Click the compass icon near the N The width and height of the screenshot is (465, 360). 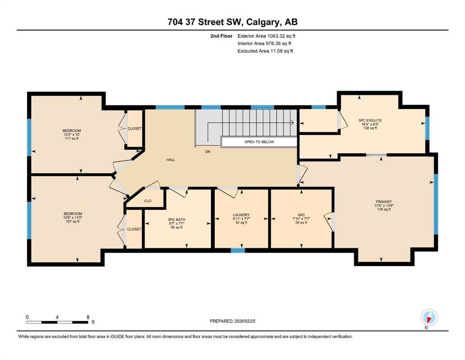[x=429, y=318]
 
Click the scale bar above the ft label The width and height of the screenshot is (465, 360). [x=57, y=322]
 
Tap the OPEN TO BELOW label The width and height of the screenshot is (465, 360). [x=259, y=142]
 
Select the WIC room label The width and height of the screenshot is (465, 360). [x=301, y=215]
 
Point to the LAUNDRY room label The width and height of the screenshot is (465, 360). [x=241, y=215]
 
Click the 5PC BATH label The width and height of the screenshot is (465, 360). [x=177, y=220]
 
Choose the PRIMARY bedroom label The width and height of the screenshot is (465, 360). [x=384, y=202]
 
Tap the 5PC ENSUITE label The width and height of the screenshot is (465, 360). [x=370, y=120]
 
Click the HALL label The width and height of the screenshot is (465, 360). [x=170, y=160]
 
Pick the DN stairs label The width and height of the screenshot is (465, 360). [x=207, y=152]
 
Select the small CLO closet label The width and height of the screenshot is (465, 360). [x=148, y=201]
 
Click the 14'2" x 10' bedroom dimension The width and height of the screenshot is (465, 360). [x=72, y=135]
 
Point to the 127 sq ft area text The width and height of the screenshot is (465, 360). [x=73, y=221]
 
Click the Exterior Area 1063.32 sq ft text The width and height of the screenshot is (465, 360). [x=266, y=36]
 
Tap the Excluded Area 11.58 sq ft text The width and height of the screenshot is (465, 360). [x=265, y=51]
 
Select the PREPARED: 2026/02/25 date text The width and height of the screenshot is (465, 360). [x=232, y=321]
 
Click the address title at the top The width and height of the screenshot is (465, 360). [x=232, y=22]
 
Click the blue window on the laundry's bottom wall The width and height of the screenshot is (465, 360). [x=238, y=250]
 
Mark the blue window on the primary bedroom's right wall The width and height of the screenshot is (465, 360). [x=435, y=204]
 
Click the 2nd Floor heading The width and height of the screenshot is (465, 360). [x=221, y=36]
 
